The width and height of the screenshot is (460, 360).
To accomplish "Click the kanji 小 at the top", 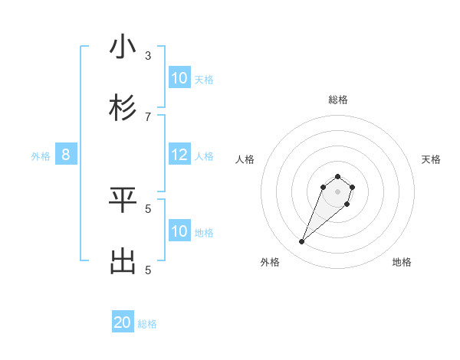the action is point(123,47).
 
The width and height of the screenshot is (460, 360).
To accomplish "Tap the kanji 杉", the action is point(123,108).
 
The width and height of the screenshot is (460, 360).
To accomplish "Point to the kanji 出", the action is point(123,261).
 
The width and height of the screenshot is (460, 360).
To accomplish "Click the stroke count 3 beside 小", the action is point(148,55).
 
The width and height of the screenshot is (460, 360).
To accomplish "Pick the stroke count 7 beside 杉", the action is point(148,116).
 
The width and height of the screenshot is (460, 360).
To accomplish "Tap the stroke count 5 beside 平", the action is point(148,208).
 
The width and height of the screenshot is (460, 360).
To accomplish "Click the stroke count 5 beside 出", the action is point(148,269).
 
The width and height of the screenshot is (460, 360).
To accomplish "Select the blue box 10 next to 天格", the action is point(179,77).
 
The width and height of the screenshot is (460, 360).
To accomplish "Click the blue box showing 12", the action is point(179,155).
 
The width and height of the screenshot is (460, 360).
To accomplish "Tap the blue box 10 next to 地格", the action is point(179,231).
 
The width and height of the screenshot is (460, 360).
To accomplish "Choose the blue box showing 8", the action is point(66,155).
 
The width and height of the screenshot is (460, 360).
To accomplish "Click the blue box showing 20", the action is point(123,322).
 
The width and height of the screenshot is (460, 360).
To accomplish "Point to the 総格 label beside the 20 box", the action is point(147,324).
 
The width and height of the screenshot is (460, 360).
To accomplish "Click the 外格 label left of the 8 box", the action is point(41,156).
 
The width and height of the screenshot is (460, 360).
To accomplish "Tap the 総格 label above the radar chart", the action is point(337,100).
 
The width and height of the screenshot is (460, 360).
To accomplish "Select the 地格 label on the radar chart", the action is point(402,262).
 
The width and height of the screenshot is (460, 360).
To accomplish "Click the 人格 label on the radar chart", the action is point(245,159).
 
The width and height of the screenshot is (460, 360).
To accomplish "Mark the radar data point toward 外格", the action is point(301,242).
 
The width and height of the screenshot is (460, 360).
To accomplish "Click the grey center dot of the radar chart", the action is point(337,191).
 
